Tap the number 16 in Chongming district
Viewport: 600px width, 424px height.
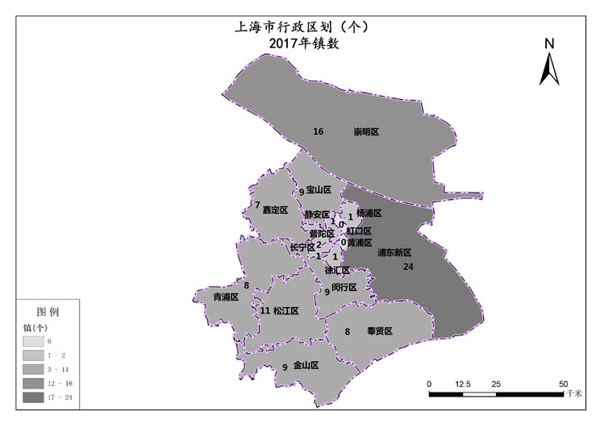(319, 131)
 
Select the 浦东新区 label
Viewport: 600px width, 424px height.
(394, 252)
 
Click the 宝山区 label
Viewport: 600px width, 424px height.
(319, 190)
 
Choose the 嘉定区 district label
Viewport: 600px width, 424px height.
(275, 210)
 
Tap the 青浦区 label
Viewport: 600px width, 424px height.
(226, 297)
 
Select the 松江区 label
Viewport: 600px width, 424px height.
(285, 310)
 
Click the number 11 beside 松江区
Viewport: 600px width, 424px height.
(265, 310)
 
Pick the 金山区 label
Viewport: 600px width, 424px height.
(306, 365)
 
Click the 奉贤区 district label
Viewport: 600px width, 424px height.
(379, 331)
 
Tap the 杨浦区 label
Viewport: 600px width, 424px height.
(369, 214)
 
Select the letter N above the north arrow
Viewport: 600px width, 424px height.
(549, 44)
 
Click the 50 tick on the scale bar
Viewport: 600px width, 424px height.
(563, 384)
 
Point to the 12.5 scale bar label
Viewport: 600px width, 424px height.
(462, 384)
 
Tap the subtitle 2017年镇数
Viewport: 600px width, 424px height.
(303, 44)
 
